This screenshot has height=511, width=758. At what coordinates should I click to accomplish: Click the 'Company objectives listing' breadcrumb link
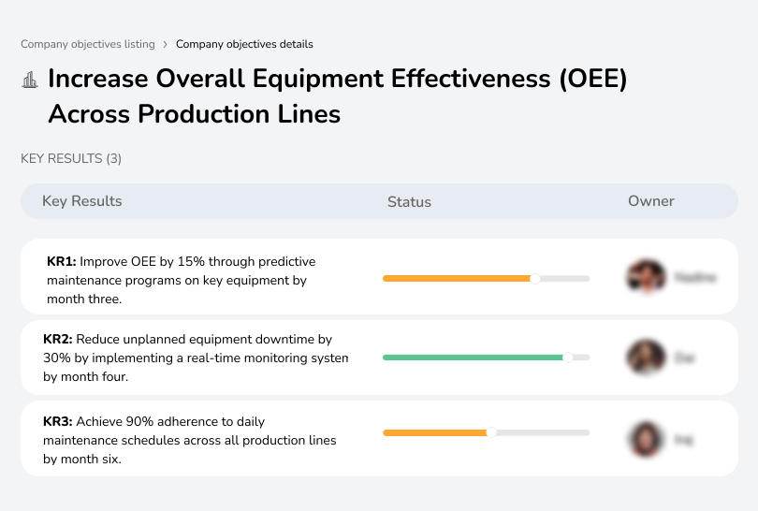coord(88,44)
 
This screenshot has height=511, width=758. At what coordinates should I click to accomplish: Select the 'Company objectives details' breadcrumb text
coord(244,44)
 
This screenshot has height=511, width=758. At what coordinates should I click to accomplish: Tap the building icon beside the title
coord(30,80)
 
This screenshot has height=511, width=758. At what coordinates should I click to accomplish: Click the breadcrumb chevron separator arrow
coord(166,44)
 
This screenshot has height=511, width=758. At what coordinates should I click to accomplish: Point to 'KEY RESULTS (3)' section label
coord(71,159)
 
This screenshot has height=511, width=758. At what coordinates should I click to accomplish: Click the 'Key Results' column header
coord(81,201)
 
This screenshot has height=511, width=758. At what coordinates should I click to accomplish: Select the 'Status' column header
coord(409,202)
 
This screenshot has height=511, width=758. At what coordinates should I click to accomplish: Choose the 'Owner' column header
coord(651,201)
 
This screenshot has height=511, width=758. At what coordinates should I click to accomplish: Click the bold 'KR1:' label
coord(61,262)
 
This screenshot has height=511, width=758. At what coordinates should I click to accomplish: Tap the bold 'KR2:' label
coord(58,340)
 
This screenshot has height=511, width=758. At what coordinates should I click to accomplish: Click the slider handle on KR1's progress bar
coord(535,278)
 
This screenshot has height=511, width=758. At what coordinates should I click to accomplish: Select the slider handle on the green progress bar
coord(567,357)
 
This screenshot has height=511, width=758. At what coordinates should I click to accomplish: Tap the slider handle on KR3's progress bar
coord(491,432)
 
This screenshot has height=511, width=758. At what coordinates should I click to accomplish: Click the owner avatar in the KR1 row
coord(646,277)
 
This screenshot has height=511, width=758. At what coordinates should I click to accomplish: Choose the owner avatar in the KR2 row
coord(646,357)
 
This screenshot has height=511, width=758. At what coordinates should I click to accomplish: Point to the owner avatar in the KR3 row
coord(646,439)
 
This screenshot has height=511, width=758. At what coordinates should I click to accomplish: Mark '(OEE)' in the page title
coord(592,80)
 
